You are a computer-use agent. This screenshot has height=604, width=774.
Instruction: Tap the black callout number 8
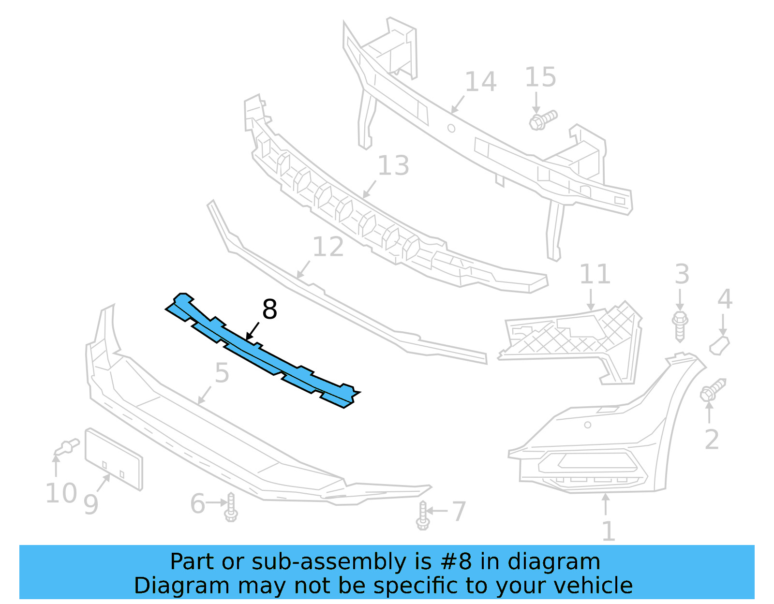[x=269, y=309]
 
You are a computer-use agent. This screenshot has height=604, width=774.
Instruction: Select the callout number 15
[x=540, y=77]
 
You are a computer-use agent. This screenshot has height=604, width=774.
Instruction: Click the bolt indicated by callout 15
[x=543, y=119]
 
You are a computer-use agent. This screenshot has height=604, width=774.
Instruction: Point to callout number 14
[x=480, y=82]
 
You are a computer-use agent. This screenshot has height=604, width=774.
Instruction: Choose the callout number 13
[x=393, y=166]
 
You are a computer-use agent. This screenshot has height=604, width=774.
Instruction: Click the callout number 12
[x=328, y=247]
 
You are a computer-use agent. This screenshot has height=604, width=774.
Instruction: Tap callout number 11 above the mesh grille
[x=595, y=274]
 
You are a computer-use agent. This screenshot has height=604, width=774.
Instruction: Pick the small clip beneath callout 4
[x=719, y=345]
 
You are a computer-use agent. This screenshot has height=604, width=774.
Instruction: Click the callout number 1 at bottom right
[x=608, y=531]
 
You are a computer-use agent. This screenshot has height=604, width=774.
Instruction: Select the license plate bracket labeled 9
[x=114, y=458]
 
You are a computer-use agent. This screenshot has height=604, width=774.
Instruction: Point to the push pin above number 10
[x=67, y=446]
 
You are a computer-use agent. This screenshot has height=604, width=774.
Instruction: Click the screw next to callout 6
[x=231, y=507]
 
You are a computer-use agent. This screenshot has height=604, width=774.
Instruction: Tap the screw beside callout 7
[x=422, y=516]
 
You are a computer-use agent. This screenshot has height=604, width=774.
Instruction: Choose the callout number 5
[x=222, y=373]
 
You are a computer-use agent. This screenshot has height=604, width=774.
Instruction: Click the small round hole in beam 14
[x=451, y=128]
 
